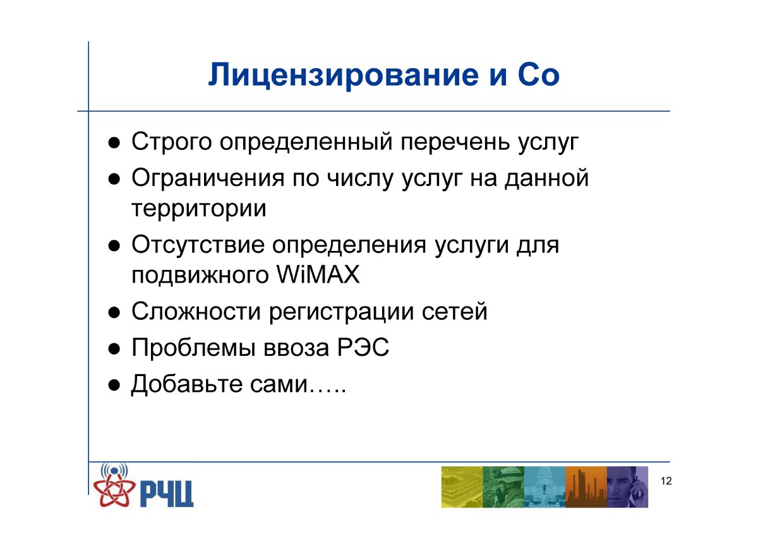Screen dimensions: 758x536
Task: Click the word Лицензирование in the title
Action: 343,75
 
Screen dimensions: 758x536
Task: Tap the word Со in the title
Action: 538,75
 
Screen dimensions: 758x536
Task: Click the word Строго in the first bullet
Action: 172,142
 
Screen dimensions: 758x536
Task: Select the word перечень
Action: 455,142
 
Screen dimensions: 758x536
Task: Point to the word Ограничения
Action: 208,178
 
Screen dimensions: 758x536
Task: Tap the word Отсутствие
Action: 198,245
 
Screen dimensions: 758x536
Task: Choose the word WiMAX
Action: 318,274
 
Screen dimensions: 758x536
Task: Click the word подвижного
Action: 200,276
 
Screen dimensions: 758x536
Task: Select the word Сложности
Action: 196,311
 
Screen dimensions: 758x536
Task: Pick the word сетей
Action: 454,312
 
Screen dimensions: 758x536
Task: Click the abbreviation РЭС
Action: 363,348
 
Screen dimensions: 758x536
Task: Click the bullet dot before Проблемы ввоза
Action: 114,349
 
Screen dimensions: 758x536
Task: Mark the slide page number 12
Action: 666,481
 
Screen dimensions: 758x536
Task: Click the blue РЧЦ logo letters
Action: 167,494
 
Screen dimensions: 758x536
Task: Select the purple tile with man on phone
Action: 627,487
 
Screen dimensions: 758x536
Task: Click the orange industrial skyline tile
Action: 586,487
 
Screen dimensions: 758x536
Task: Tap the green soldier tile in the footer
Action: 503,487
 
